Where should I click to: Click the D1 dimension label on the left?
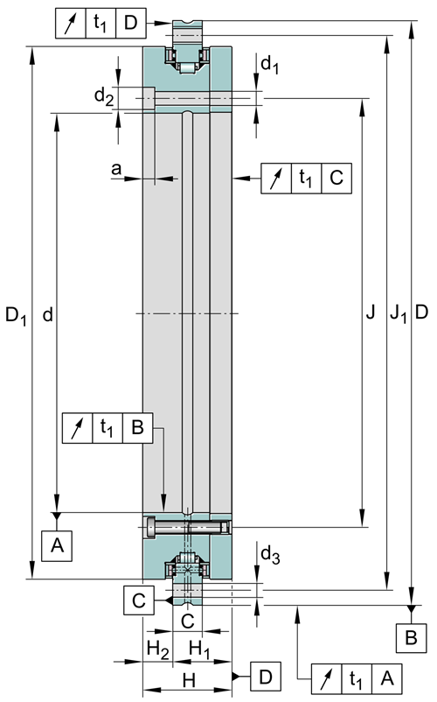(x=16, y=316)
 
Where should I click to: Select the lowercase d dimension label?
(x=47, y=315)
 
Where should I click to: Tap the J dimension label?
(x=371, y=312)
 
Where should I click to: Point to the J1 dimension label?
(x=399, y=313)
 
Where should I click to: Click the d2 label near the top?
(x=104, y=96)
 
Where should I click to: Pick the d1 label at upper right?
(x=269, y=66)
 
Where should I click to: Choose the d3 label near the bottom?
(x=270, y=556)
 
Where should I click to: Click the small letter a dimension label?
(x=116, y=169)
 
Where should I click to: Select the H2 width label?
(x=157, y=649)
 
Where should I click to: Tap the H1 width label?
(x=199, y=649)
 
